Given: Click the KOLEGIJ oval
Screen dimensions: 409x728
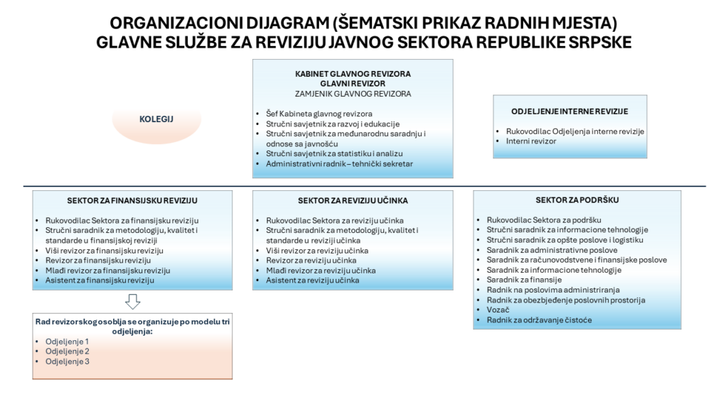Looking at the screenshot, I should [x=157, y=120].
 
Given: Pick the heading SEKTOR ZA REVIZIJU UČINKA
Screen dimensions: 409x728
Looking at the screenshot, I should [x=353, y=200].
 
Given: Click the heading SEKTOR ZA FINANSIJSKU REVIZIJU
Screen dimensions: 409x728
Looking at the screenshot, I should [x=132, y=200].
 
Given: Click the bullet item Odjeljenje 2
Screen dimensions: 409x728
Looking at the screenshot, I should [x=66, y=351].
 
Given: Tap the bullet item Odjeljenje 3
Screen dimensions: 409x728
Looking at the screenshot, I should [x=66, y=361].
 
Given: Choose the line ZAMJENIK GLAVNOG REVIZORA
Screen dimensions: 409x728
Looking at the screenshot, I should [x=353, y=93].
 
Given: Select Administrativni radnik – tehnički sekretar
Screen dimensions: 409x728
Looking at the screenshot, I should [x=339, y=164].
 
